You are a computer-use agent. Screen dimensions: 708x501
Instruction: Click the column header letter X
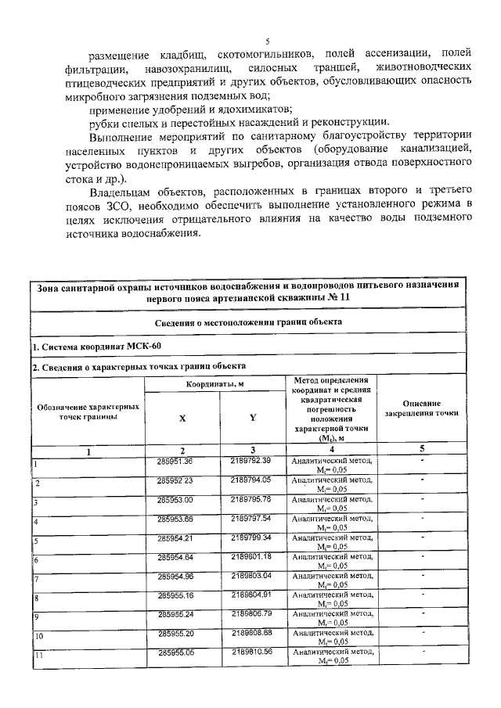[x=182, y=418]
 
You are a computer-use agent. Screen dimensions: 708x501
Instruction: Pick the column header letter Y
[x=252, y=417]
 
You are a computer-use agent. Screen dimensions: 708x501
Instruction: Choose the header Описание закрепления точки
[x=422, y=407]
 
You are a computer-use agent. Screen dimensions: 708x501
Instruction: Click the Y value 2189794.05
[x=250, y=479]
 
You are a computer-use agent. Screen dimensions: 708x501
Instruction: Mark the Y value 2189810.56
[x=250, y=652]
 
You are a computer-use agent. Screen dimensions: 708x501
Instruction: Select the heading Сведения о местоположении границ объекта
[x=250, y=322]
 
